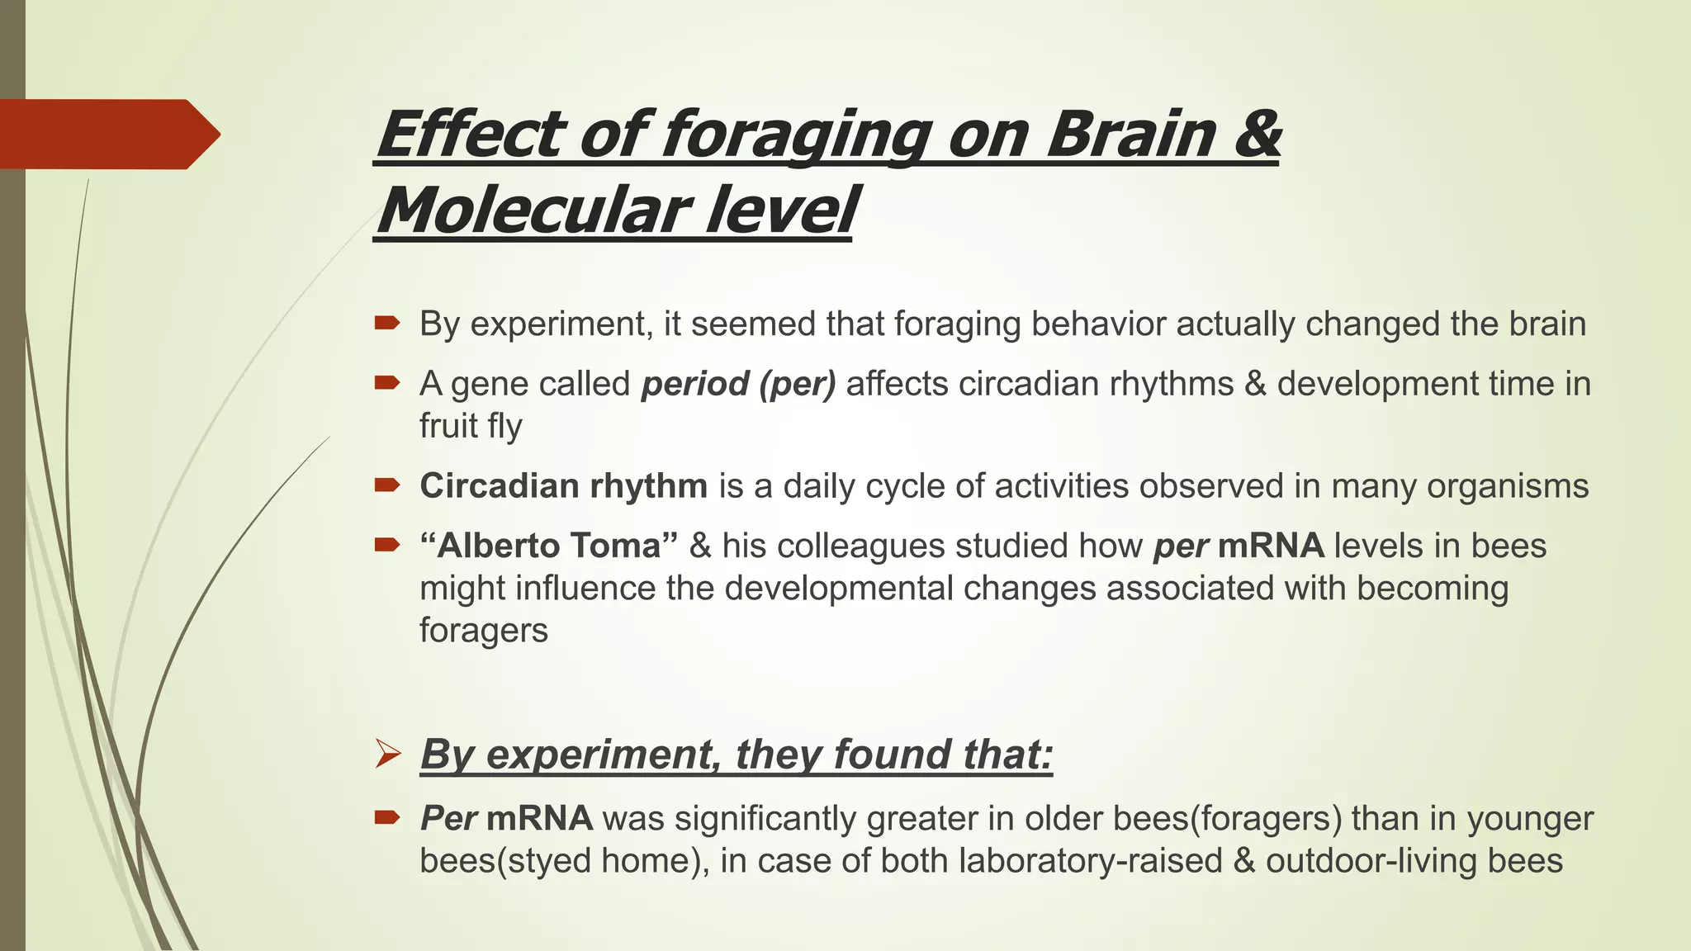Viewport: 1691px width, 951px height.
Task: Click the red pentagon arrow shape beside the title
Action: point(107,134)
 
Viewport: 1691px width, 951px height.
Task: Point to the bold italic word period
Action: point(694,384)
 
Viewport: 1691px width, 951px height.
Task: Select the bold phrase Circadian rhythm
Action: point(563,485)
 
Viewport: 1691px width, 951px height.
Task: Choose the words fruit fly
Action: point(471,426)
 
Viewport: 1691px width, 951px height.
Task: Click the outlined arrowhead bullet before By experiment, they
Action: point(388,754)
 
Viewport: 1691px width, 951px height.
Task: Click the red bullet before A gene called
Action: point(386,383)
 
